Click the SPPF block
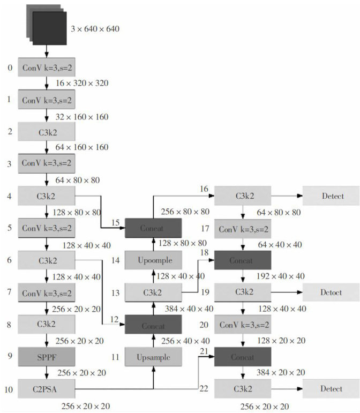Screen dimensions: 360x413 [46, 356]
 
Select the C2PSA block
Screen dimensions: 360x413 [46, 388]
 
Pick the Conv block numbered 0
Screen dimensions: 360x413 [46, 67]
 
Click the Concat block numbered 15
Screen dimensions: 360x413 [154, 228]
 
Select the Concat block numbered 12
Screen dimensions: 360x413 [154, 325]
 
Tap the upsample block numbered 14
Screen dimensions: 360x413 [154, 260]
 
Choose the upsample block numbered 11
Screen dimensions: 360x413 [154, 356]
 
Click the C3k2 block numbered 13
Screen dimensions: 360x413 [154, 292]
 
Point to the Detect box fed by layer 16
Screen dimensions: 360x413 [330, 196]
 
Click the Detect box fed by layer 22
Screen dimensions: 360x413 [330, 388]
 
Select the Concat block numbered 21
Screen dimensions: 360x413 [243, 356]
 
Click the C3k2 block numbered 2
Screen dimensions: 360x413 [46, 131]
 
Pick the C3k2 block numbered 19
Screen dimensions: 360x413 [243, 292]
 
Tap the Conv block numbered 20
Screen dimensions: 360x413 [243, 325]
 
